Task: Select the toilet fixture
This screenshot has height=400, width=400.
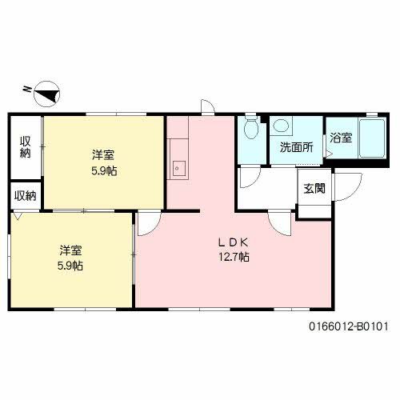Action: (x=251, y=128)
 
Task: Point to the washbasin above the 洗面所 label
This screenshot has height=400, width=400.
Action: (x=282, y=126)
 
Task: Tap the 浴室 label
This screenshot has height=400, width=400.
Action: (x=340, y=138)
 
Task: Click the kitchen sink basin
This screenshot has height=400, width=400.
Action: (x=179, y=168)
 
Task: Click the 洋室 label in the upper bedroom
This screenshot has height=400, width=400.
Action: (x=102, y=154)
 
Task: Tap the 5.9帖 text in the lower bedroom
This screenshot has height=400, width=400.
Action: (x=70, y=266)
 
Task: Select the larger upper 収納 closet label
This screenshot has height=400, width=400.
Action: (x=26, y=146)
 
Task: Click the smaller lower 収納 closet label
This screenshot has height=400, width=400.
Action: (x=25, y=194)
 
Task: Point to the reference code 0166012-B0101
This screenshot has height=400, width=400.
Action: (x=348, y=326)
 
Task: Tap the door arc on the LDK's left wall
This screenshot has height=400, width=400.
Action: (x=146, y=223)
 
